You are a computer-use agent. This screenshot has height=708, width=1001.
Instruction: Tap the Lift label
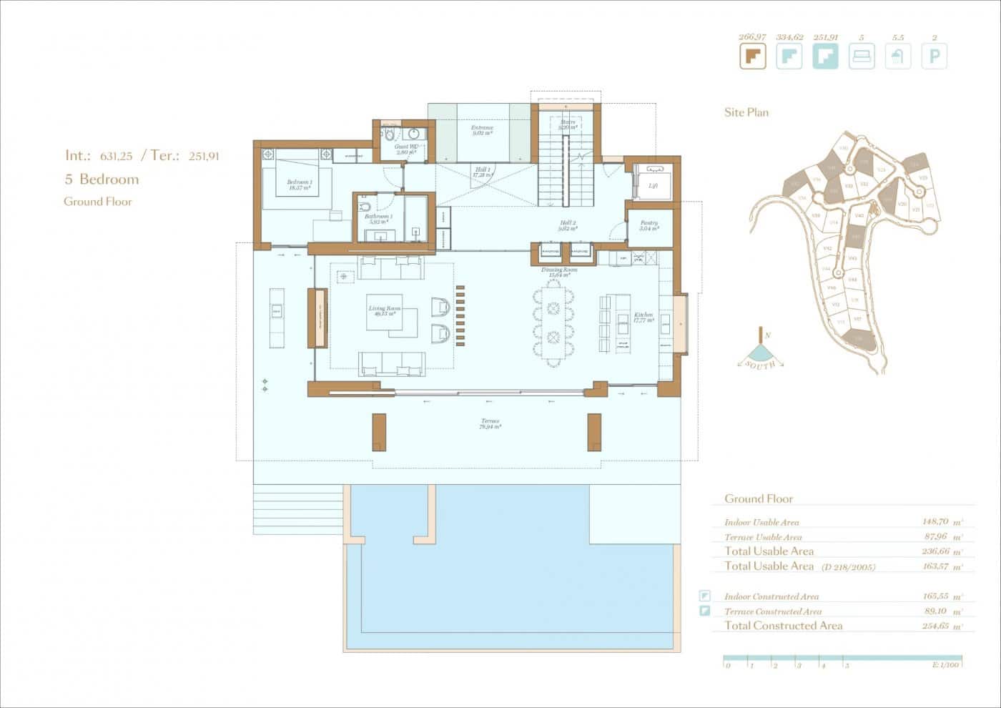[x=652, y=185]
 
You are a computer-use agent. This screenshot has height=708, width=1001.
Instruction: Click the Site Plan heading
[x=746, y=112]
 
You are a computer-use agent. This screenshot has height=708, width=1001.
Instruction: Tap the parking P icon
[x=934, y=56]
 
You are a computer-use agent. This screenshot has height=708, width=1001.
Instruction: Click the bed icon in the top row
[x=861, y=56]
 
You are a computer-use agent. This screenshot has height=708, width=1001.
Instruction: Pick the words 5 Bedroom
[x=102, y=179]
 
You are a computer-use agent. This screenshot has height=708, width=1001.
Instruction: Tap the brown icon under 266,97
[x=752, y=56]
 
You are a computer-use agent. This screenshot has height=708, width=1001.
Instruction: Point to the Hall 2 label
[x=568, y=226]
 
